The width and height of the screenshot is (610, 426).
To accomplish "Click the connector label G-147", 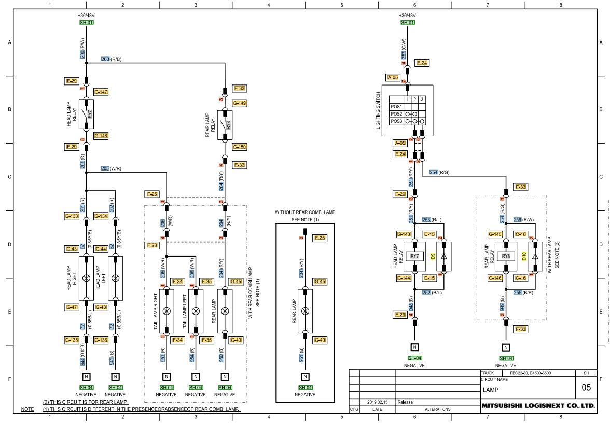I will (x=101, y=92).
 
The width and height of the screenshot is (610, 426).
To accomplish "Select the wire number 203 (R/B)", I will (x=111, y=59).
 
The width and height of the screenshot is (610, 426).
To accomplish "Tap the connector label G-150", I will (x=239, y=147).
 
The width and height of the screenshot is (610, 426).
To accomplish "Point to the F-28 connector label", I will (x=152, y=245).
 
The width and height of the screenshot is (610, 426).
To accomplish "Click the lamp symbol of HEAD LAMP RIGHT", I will (x=86, y=277).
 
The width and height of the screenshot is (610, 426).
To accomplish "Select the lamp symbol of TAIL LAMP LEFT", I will (x=196, y=311).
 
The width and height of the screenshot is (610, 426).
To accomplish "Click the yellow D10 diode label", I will (x=524, y=256).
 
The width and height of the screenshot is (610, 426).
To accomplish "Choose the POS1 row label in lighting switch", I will (x=396, y=106).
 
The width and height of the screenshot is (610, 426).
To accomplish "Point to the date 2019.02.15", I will (x=377, y=402).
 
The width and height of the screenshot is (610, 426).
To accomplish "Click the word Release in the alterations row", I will (x=405, y=402).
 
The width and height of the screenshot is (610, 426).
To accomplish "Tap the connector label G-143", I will (x=404, y=234).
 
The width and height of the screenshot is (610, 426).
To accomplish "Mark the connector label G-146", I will (x=495, y=278).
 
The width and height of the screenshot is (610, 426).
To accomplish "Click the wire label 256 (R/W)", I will (x=527, y=220).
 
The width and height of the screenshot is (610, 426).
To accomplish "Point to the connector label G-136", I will (x=101, y=340).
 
